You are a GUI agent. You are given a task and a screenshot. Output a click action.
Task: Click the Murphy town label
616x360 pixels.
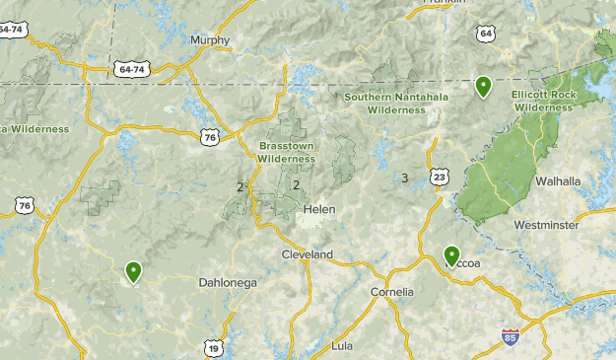(x=210, y=40)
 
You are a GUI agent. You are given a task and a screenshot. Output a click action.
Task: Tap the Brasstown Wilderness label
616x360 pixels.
(x=285, y=151)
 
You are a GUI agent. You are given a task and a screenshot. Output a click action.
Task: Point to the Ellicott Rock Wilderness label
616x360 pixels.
(x=542, y=101)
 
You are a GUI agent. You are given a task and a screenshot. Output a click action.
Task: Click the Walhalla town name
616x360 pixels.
(x=558, y=181)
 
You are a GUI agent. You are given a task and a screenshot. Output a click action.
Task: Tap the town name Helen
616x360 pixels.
(x=319, y=210)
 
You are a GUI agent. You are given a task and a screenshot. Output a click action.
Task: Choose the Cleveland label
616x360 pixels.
(x=308, y=255)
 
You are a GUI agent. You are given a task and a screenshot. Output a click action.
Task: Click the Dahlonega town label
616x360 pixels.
(x=227, y=283)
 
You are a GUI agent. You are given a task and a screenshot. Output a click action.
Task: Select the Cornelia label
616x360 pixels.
(x=391, y=293)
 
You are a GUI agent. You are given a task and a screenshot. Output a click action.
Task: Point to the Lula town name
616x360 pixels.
(x=343, y=345)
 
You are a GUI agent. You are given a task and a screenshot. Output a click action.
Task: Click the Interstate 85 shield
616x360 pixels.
(x=510, y=337)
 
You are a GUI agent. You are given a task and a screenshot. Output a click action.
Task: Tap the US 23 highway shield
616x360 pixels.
(x=439, y=177)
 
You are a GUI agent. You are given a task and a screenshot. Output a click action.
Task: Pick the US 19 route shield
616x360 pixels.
(x=214, y=346)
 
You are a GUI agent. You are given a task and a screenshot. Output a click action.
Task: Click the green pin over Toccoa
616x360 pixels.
(x=451, y=256)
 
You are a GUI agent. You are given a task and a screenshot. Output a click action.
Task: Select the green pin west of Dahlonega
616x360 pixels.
(x=133, y=271)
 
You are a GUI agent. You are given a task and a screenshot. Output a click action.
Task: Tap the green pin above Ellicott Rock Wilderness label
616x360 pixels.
(x=483, y=87)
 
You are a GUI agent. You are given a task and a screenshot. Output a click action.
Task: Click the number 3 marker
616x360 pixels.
(x=404, y=179)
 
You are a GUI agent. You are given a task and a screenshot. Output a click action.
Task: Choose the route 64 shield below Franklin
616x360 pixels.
(x=485, y=35)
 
